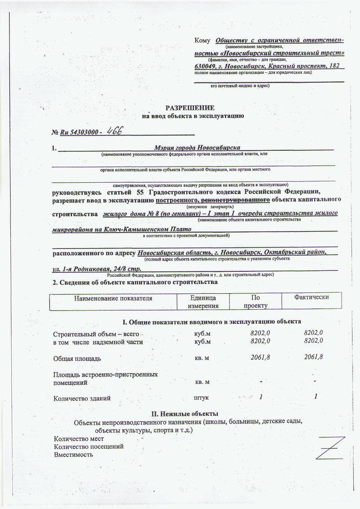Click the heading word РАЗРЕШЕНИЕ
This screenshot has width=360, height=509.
(x=190, y=108)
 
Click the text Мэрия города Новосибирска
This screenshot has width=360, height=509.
(x=197, y=148)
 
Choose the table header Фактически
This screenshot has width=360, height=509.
(x=311, y=297)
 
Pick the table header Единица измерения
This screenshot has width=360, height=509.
(x=203, y=302)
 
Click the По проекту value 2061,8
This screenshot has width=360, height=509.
(x=261, y=358)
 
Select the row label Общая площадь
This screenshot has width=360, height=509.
(x=77, y=359)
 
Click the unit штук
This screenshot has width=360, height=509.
(x=201, y=398)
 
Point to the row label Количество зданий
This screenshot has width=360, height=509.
(x=82, y=398)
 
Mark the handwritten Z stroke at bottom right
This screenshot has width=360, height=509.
(x=331, y=447)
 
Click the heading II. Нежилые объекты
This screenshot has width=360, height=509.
(x=185, y=414)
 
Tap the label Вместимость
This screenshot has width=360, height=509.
(x=73, y=455)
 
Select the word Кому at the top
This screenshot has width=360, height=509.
(x=202, y=41)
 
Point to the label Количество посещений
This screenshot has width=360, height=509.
(x=89, y=446)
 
